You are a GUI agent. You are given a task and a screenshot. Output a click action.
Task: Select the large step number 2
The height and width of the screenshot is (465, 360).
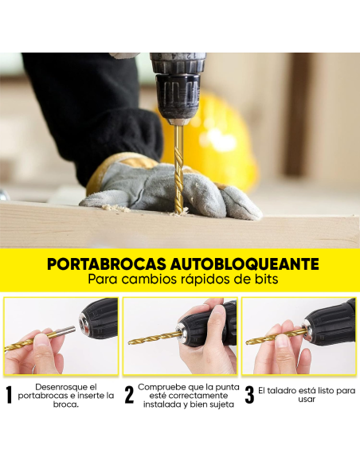(x=129, y=396)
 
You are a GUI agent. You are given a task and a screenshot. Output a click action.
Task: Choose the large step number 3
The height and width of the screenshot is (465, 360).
(x=249, y=396)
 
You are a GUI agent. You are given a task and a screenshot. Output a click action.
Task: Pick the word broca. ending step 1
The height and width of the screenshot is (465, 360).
(x=66, y=404)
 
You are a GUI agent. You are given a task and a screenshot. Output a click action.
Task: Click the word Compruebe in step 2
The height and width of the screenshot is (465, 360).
(x=164, y=386)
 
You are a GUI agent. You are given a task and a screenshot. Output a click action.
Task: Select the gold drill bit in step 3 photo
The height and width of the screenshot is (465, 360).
(x=275, y=336)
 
